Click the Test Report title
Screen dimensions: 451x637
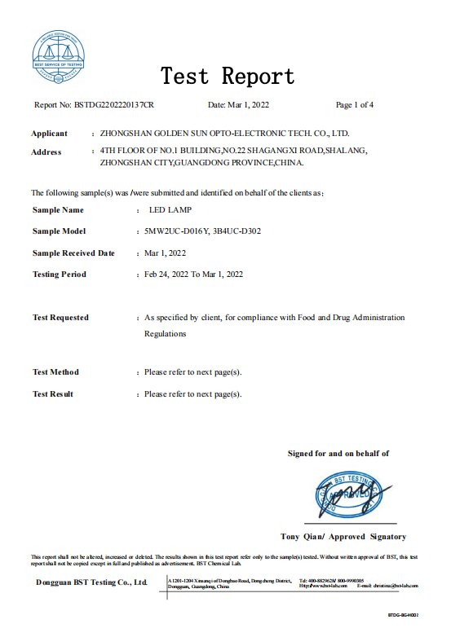[228, 77]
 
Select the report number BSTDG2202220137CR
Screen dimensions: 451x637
[114, 105]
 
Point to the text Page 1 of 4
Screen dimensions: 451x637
[355, 105]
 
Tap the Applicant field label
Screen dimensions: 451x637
[49, 133]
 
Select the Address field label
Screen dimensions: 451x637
[46, 152]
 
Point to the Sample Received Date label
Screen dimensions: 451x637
[73, 253]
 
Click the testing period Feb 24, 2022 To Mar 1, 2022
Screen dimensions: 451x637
[193, 275]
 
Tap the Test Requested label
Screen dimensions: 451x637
[60, 318]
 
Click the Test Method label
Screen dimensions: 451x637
[55, 372]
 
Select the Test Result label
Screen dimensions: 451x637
[53, 394]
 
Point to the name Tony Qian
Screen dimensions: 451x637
[301, 537]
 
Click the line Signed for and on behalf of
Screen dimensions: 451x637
[338, 454]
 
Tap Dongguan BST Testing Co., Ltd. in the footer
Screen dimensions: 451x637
[91, 582]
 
